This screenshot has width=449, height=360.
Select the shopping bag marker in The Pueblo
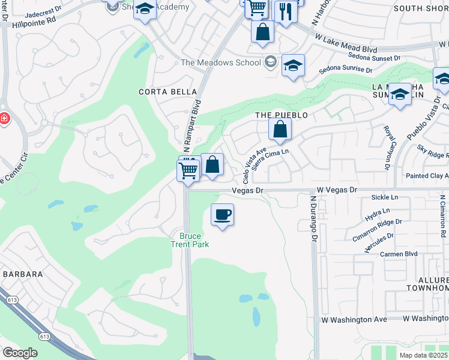(280, 129)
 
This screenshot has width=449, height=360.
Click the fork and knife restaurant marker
(286, 11)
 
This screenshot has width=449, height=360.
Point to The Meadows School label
(221, 63)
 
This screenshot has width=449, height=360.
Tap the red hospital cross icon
(4, 119)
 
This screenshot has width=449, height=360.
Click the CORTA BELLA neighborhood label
(167, 92)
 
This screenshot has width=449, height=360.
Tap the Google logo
(20, 353)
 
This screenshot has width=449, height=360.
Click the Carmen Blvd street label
(399, 254)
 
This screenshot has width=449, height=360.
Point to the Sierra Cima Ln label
(271, 160)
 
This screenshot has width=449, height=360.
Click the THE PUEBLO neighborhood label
(282, 115)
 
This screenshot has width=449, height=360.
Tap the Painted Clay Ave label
(427, 176)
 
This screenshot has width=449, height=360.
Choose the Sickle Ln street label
(384, 197)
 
